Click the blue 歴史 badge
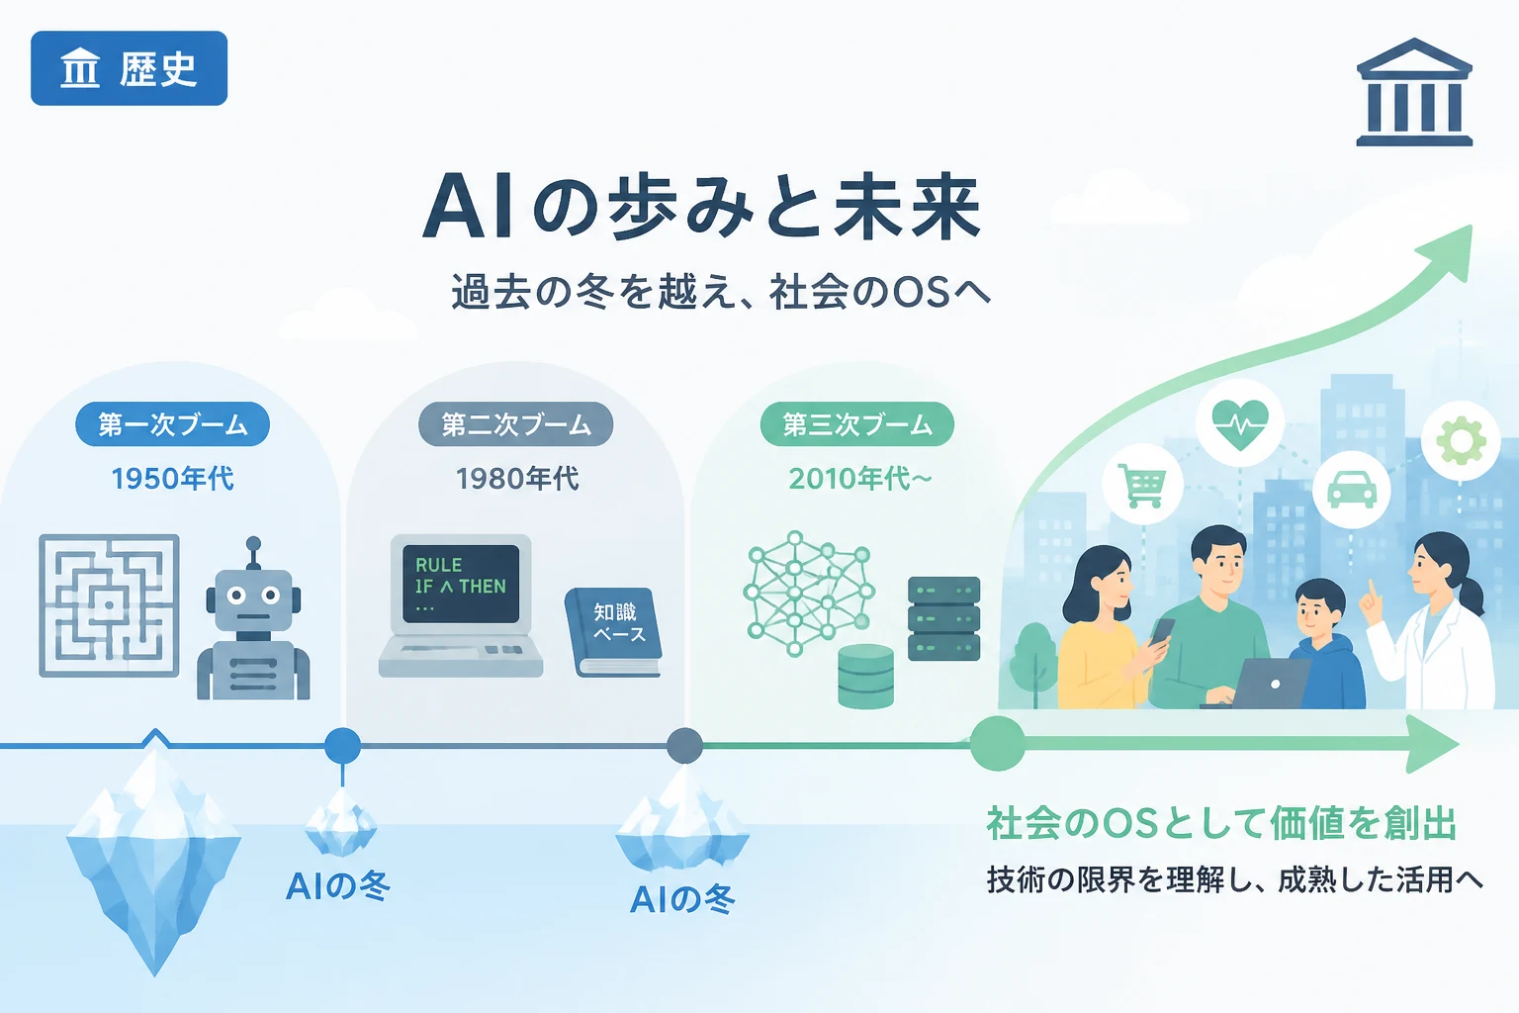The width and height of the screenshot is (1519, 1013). [129, 68]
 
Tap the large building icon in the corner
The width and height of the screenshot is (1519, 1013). [1414, 92]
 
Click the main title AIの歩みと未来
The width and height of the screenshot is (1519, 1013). [702, 207]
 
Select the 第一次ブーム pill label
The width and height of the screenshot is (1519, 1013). [172, 424]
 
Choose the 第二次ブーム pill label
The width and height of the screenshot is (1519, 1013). [516, 424]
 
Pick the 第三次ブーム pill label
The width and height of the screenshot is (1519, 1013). [857, 424]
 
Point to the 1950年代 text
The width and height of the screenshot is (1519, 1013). [172, 479]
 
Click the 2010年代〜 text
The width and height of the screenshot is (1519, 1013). [859, 479]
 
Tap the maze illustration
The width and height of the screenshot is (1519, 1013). [109, 605]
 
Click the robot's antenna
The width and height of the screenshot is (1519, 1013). [253, 552]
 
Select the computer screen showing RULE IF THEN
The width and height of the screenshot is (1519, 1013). [461, 585]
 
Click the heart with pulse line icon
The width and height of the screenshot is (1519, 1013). [1239, 422]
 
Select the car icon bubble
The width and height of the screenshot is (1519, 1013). [1352, 490]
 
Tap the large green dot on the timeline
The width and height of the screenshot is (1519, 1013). [997, 744]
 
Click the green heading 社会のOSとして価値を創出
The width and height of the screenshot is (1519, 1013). [1221, 823]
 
